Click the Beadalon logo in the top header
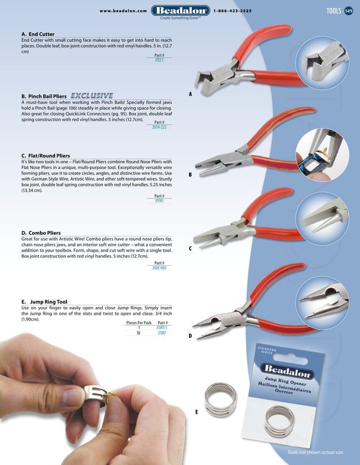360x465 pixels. click(180, 10)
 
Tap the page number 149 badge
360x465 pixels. click(349, 11)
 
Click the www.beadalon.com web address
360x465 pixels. click(124, 11)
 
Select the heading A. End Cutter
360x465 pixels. click(38, 34)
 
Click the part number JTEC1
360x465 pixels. click(159, 60)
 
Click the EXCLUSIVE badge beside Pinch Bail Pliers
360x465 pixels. click(91, 95)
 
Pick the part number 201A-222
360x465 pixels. click(159, 128)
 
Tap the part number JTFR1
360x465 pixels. click(159, 200)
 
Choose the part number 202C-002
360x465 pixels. click(159, 268)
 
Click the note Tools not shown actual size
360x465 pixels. click(315, 453)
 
